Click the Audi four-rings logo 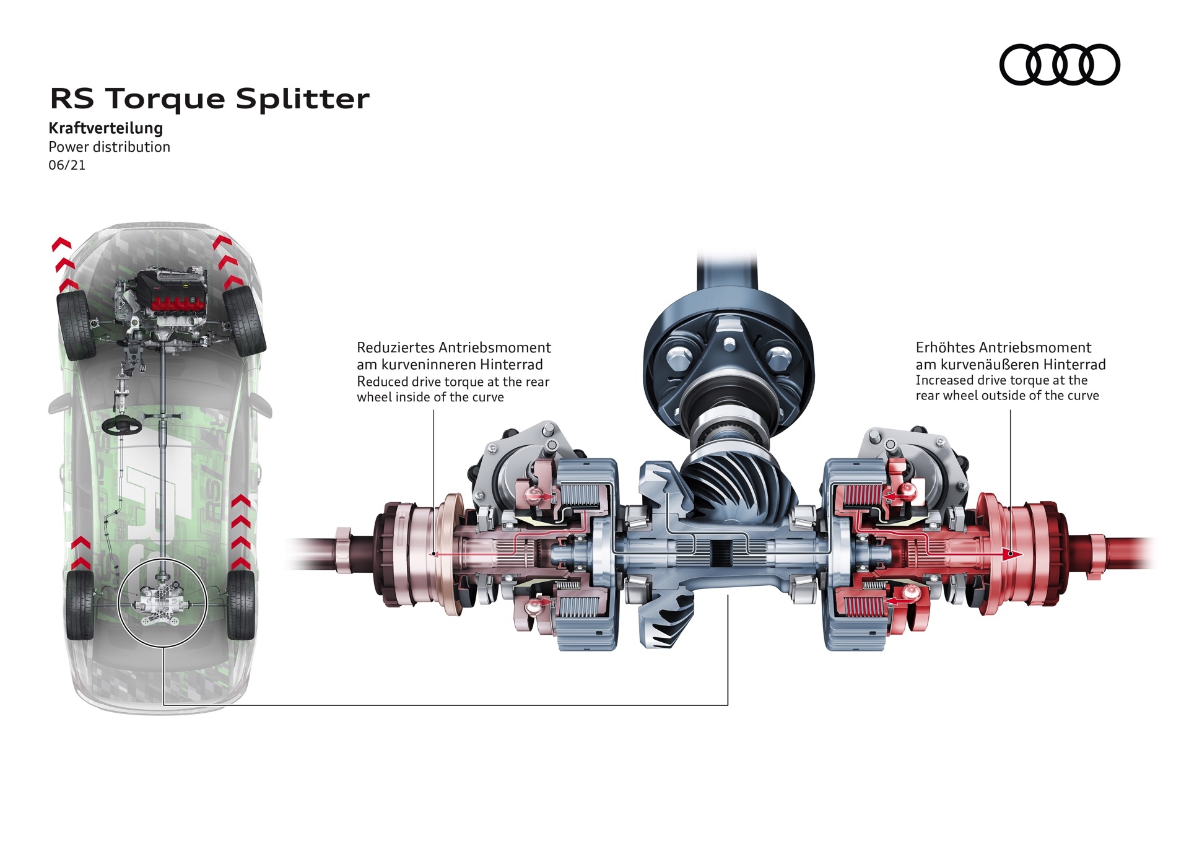tap(1060, 64)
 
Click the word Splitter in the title tap(303, 98)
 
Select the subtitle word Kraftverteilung tap(106, 128)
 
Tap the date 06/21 tap(67, 165)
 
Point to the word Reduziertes tap(395, 347)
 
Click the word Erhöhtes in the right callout tap(946, 347)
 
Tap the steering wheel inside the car tap(122, 425)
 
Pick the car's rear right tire tap(242, 604)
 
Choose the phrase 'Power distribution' tap(109, 147)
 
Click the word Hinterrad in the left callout tap(511, 365)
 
